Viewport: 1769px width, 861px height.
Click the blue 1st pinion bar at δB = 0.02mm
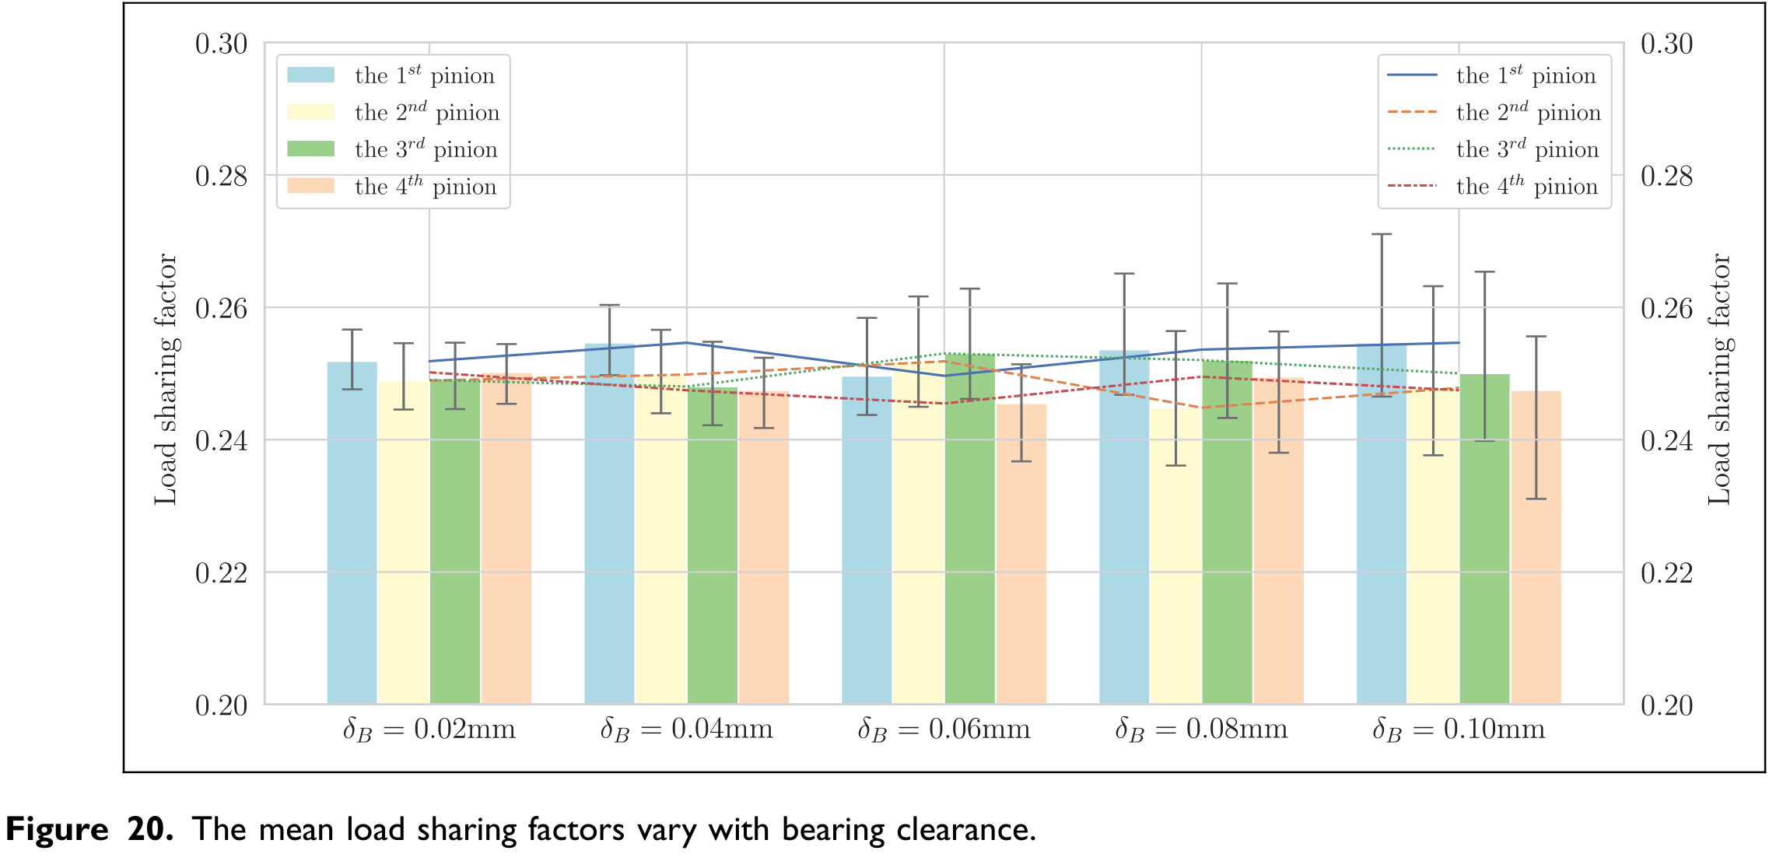point(352,533)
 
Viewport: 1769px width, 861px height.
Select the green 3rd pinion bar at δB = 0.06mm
point(970,529)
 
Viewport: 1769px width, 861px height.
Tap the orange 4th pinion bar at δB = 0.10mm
point(1536,548)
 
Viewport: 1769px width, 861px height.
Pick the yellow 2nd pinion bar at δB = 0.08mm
point(1175,556)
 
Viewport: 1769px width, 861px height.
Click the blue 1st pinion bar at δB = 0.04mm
point(609,524)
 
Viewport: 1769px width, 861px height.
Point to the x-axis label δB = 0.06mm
point(944,730)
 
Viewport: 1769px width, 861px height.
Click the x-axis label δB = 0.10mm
point(1459,730)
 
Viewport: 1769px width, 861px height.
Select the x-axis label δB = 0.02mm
point(429,730)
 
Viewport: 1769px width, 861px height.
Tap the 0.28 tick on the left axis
point(222,176)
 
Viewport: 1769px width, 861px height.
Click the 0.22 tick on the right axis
point(1666,573)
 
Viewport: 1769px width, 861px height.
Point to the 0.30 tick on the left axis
point(222,44)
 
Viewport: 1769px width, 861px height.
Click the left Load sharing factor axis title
point(166,379)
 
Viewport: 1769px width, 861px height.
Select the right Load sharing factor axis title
point(1720,379)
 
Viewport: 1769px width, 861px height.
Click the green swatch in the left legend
point(311,149)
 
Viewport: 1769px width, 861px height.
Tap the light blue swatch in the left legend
point(311,75)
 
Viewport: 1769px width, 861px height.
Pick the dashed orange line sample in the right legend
point(1412,112)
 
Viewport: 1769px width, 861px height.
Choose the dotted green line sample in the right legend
point(1412,149)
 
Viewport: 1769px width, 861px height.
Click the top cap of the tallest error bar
point(1382,234)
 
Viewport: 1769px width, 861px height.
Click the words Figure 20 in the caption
point(89,830)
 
